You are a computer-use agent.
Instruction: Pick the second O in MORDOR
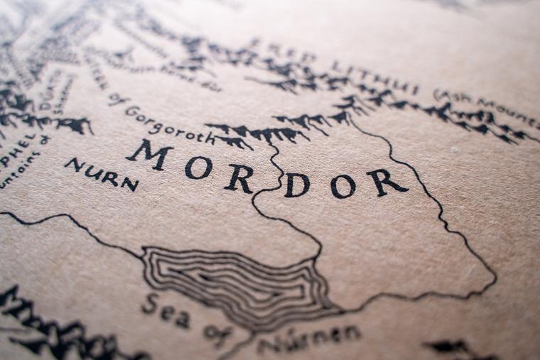coord(342,186)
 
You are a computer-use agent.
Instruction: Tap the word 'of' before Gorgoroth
coord(115,99)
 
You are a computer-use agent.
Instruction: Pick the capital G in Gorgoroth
coord(131,111)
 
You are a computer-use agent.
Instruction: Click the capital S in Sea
coord(149,305)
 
